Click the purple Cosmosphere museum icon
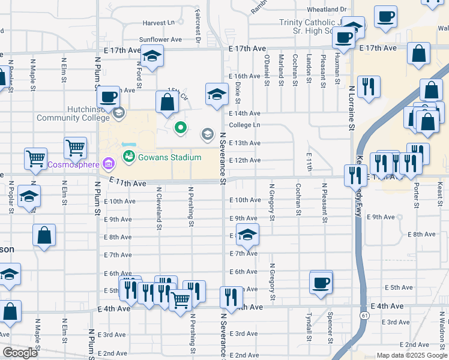109,163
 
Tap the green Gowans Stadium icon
128,157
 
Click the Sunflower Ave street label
160,40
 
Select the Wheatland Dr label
327,10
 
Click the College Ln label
244,125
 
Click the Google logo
20,353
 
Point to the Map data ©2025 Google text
412,355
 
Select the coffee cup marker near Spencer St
321,281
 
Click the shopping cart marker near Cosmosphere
76,147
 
